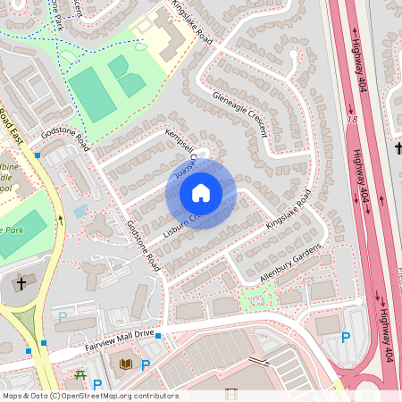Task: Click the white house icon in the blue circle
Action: click(201, 192)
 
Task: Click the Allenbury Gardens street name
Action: click(289, 265)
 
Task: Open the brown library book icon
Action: click(125, 364)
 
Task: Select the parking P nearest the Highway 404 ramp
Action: click(345, 337)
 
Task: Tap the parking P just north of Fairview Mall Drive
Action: click(63, 316)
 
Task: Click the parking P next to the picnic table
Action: click(97, 384)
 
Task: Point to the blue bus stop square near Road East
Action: click(38, 155)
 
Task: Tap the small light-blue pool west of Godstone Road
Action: click(81, 212)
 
